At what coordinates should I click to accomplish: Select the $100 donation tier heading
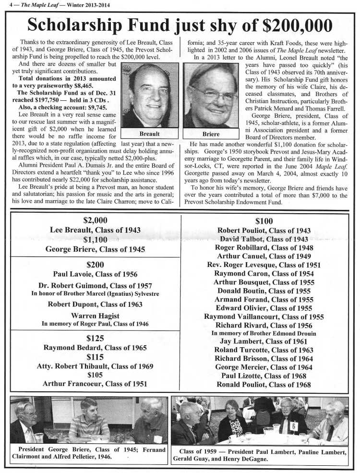tap(264, 221)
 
